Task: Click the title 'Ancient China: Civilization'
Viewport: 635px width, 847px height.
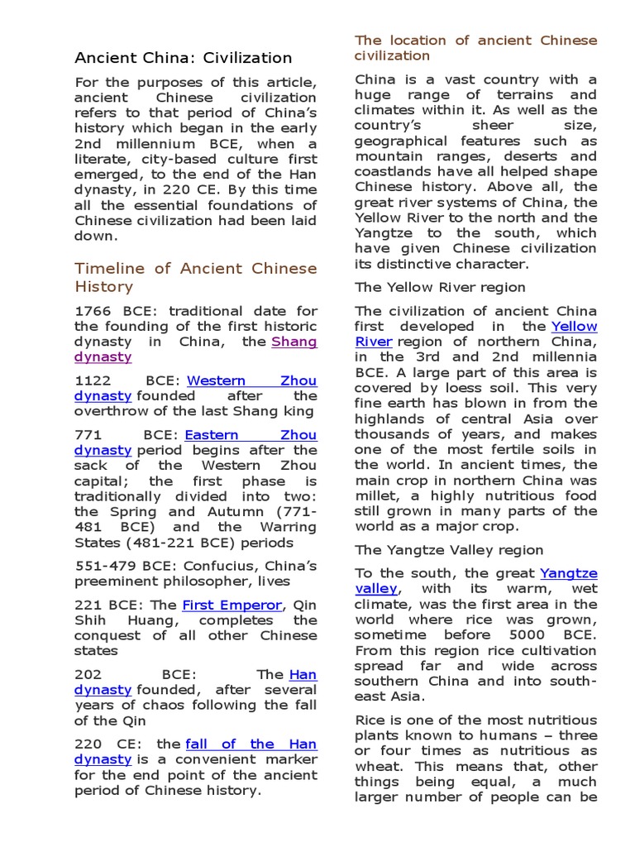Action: tap(183, 58)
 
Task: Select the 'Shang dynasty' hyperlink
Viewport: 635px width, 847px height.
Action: tap(294, 342)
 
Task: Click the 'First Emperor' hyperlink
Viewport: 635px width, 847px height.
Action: tap(232, 605)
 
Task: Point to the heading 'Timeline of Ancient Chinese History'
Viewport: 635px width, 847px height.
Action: tap(195, 277)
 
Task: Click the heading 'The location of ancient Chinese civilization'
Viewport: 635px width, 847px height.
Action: tap(475, 48)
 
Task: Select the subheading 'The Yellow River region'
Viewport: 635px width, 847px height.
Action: tap(440, 287)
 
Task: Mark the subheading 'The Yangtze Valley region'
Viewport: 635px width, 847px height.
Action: tap(449, 550)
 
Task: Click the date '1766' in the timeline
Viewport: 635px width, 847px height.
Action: tap(93, 311)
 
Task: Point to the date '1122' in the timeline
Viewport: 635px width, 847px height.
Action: tap(93, 380)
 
